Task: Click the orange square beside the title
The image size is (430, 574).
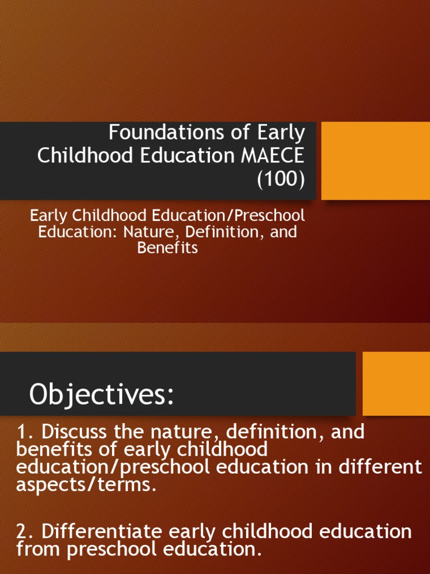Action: click(376, 161)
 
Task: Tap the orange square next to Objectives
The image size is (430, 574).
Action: click(396, 383)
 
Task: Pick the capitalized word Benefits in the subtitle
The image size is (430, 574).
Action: click(167, 248)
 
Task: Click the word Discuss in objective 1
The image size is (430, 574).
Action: click(74, 432)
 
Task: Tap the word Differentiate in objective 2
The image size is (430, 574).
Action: click(102, 531)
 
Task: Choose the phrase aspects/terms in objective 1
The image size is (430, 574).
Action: click(86, 484)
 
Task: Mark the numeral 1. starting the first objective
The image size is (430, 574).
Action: click(26, 432)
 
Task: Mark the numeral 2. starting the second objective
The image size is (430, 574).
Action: click(27, 531)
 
